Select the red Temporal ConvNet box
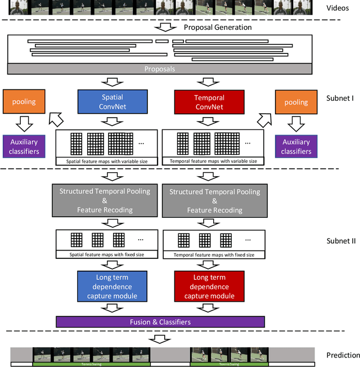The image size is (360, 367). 209,102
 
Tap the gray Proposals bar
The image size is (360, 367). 160,69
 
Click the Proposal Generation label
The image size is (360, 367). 218,27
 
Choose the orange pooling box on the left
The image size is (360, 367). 24,102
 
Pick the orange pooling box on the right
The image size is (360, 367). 296,102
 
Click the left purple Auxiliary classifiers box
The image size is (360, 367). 24,146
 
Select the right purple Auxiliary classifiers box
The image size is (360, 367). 296,146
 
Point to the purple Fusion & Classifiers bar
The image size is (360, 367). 160,322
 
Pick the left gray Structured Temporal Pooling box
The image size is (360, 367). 105,200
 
